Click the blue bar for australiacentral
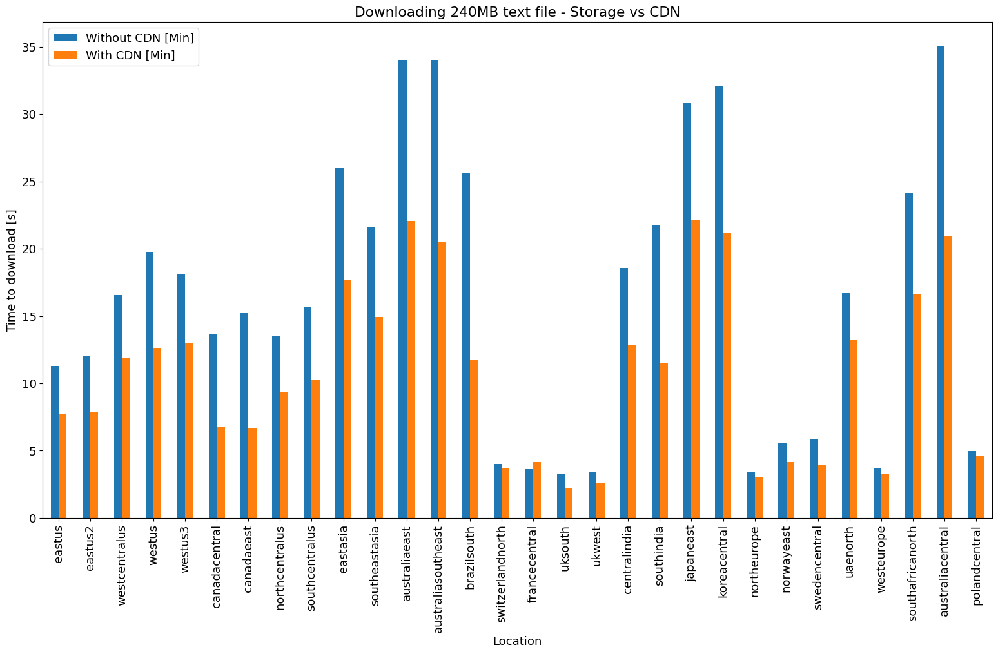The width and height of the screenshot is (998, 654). (940, 282)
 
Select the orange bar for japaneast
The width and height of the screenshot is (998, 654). (695, 369)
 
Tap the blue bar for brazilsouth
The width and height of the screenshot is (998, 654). (466, 345)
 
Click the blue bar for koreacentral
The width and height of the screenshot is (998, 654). (719, 302)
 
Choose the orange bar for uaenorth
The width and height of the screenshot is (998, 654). (853, 428)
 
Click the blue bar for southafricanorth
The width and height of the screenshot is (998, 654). (908, 356)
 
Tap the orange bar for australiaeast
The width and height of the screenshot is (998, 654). (411, 369)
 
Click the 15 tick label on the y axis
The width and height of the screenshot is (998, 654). (28, 316)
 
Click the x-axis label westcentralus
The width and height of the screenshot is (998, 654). (122, 561)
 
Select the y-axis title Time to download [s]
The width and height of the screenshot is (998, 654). (11, 271)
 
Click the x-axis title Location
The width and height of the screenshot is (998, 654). (517, 641)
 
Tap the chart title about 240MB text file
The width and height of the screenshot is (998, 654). (517, 12)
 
